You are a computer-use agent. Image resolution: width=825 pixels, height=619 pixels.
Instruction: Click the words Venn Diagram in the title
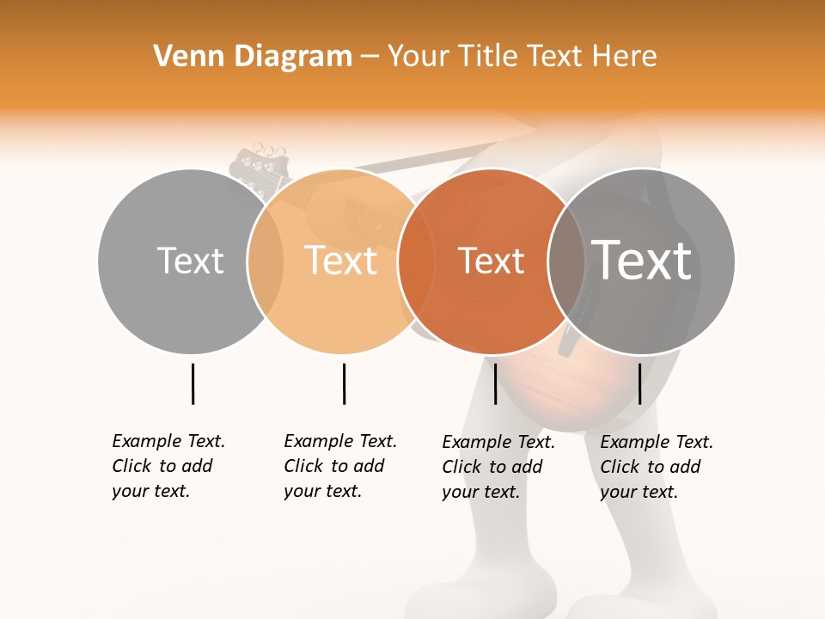253,57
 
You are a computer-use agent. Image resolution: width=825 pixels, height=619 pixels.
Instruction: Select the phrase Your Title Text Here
522,57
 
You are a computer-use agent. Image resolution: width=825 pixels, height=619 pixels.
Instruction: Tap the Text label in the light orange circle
341,260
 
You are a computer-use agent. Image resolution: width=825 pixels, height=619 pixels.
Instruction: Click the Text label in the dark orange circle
491,261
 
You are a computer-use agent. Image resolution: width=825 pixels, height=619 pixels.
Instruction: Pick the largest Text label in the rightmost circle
642,260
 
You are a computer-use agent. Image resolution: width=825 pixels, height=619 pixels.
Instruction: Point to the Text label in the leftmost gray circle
190,260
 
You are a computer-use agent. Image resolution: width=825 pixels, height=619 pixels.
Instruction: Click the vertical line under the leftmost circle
192,383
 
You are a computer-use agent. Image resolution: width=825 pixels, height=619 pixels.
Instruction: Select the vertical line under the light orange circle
344,383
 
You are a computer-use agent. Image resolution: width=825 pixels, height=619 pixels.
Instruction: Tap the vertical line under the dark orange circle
495,383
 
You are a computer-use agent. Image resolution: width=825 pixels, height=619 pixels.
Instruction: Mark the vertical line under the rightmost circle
639,383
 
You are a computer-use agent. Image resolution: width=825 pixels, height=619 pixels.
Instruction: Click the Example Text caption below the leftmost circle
168,466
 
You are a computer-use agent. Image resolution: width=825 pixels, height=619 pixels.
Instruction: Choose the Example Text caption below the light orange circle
339,466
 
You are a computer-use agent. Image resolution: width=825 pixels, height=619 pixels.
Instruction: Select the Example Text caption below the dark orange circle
498,467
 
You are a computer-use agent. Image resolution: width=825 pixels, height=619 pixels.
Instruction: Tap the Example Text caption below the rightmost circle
656,467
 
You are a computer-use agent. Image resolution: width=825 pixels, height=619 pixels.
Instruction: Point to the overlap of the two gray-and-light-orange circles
266,261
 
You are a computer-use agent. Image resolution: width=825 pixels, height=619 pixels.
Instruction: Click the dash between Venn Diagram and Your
370,57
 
